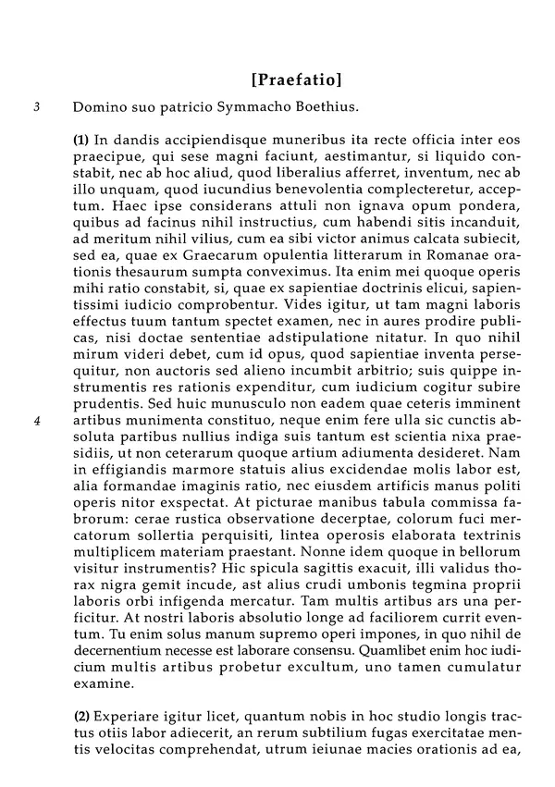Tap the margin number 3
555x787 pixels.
pos(36,107)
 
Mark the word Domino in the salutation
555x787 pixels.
pos(99,107)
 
